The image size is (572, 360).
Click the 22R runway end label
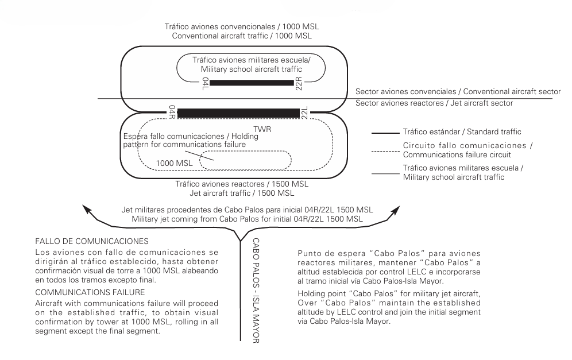299,83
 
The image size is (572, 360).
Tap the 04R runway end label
172,113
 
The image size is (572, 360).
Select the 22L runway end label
305,113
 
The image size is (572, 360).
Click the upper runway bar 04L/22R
252,83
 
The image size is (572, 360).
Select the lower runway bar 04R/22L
238,113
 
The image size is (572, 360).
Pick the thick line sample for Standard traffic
391,133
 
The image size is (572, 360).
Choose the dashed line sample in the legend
391,150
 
